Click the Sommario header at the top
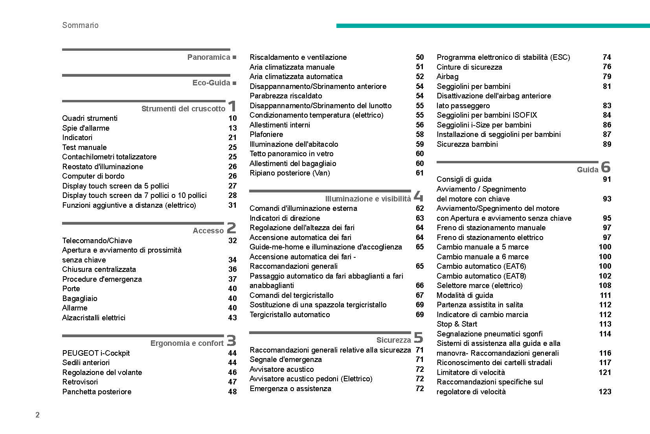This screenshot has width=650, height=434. (80, 25)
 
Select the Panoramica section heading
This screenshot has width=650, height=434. (209, 57)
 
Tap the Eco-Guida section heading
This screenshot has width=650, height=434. (211, 83)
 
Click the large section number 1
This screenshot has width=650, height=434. (232, 106)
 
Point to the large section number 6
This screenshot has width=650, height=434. (606, 167)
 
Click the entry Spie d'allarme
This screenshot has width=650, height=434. (86, 128)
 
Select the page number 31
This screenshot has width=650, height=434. (233, 205)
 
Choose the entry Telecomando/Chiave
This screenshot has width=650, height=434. (97, 240)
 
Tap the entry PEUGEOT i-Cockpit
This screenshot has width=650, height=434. (96, 353)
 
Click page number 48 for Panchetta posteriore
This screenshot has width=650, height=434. (233, 392)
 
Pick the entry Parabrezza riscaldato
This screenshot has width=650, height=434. (286, 96)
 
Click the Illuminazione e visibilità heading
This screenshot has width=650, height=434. (368, 199)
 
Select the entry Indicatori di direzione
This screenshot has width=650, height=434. (285, 218)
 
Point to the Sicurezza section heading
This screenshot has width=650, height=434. (393, 340)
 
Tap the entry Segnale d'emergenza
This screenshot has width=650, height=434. (286, 359)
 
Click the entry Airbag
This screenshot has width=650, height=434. (447, 76)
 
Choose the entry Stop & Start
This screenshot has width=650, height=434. (457, 324)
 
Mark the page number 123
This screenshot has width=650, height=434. (605, 392)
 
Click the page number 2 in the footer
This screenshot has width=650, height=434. (37, 415)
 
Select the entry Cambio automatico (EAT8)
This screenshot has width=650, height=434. (481, 276)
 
